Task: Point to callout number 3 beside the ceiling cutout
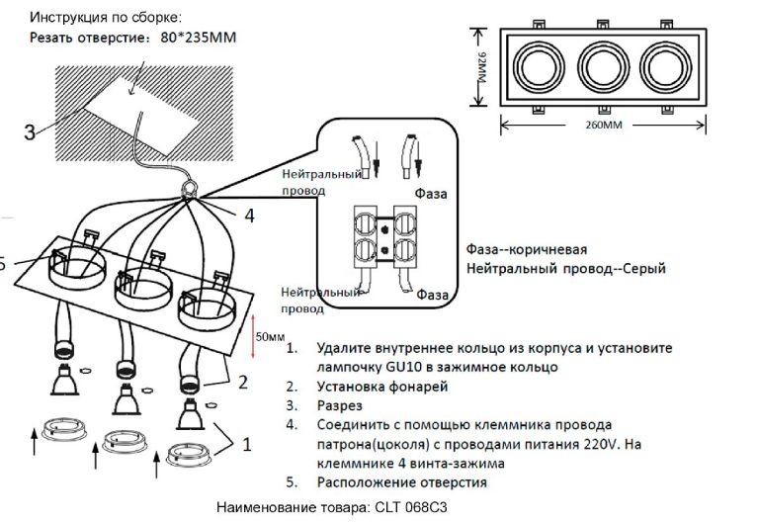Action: [30, 131]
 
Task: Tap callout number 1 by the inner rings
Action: [247, 445]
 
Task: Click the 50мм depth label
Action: [270, 337]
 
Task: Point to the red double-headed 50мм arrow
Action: [253, 335]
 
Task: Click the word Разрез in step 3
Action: [340, 405]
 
